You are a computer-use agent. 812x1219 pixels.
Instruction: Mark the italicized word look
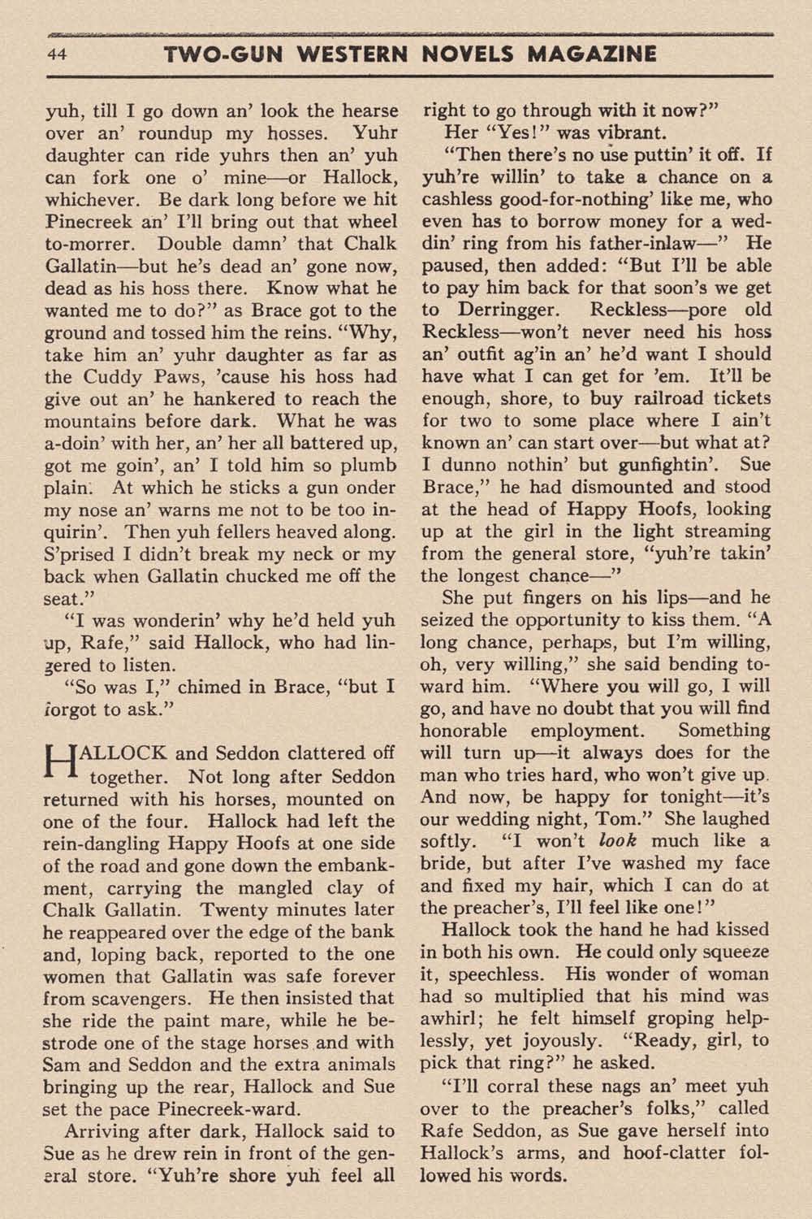click(618, 841)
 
